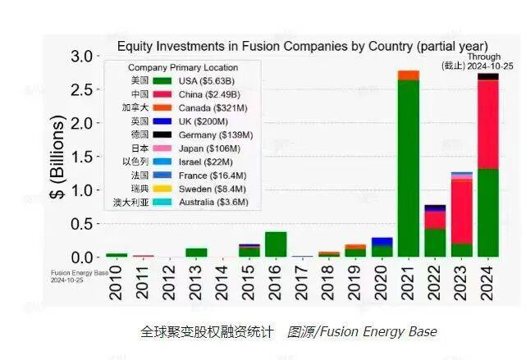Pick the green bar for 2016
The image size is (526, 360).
[x=276, y=244]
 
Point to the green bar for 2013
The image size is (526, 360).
[x=196, y=253]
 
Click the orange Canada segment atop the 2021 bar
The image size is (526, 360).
[x=408, y=75]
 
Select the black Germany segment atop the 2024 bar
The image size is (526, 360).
[x=488, y=76]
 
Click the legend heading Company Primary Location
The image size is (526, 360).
[x=183, y=67]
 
